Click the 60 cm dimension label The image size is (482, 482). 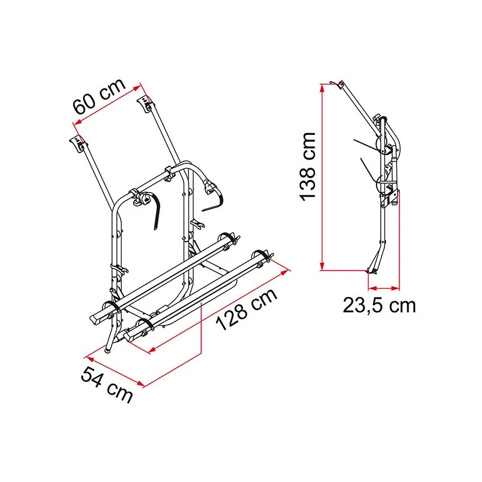pos(99,96)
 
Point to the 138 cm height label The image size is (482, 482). pos(308,167)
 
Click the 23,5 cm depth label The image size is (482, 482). pos(379,305)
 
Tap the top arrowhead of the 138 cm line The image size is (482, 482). pos(322,88)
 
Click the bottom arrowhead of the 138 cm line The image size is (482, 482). pos(322,266)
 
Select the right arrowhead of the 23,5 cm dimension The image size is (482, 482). pos(395,289)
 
